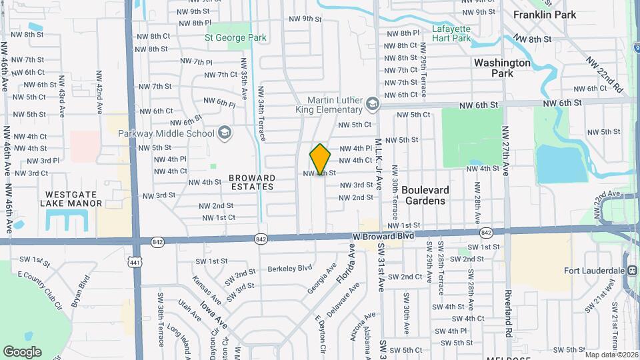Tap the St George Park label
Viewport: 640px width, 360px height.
coord(235,38)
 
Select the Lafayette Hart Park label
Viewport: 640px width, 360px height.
coord(451,33)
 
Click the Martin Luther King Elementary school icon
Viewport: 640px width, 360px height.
coord(373,104)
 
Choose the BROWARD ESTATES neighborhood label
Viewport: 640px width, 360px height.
coord(251,182)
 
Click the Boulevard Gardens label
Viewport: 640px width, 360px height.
coord(425,195)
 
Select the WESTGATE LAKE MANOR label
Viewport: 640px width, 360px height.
coord(73,199)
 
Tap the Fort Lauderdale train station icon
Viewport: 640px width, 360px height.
coord(631,271)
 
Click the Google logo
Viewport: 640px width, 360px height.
coord(22,352)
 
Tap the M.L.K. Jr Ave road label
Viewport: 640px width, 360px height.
coord(378,164)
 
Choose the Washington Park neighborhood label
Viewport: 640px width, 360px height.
coord(502,68)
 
